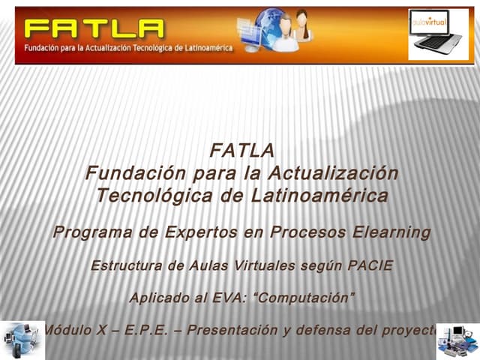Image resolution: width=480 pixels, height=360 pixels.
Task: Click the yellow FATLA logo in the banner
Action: pyautogui.click(x=94, y=29)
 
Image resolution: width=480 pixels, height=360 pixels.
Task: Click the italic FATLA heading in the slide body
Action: pyautogui.click(x=241, y=151)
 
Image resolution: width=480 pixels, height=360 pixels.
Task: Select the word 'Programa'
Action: pyautogui.click(x=91, y=232)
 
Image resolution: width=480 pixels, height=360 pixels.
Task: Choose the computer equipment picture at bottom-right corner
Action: pyautogui.click(x=457, y=340)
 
